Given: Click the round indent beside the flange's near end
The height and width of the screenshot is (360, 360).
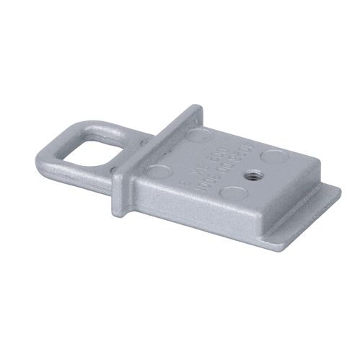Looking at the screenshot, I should [160, 171].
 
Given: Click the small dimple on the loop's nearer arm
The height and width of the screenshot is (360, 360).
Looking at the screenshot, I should [113, 170].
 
